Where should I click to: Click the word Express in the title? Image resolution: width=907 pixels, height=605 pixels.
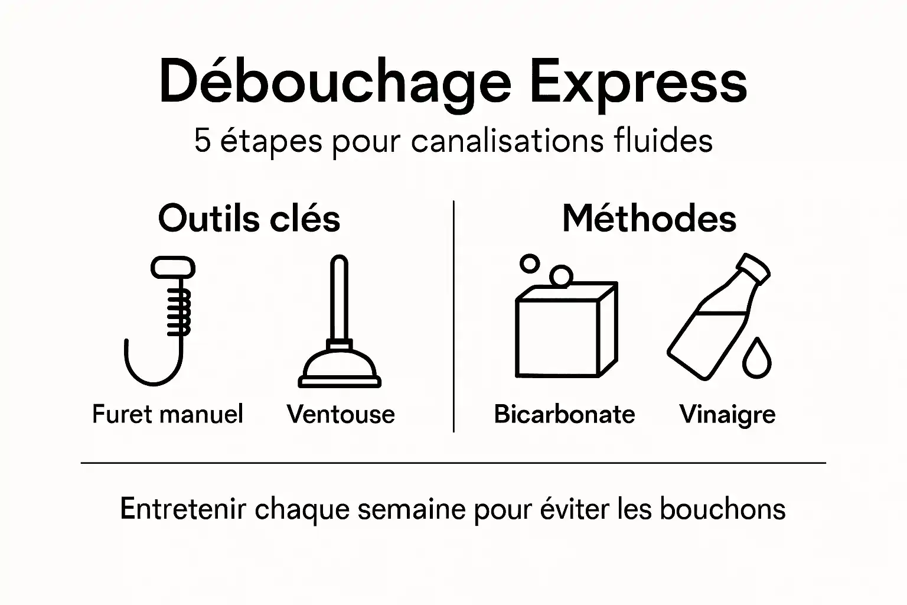tap(638, 83)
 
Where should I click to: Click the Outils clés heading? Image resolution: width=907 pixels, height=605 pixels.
tap(249, 219)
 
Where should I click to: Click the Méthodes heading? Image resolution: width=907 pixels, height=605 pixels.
tap(649, 219)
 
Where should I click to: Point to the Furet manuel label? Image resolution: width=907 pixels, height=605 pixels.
tap(168, 414)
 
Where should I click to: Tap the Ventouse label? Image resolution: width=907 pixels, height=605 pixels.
tap(341, 414)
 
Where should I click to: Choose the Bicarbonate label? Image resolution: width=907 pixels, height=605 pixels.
tap(564, 414)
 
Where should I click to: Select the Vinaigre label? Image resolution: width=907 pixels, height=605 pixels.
tap(727, 414)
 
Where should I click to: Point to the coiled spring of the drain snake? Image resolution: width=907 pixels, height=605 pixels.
tap(179, 310)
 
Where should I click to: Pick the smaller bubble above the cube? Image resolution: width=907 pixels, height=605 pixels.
tap(530, 264)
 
